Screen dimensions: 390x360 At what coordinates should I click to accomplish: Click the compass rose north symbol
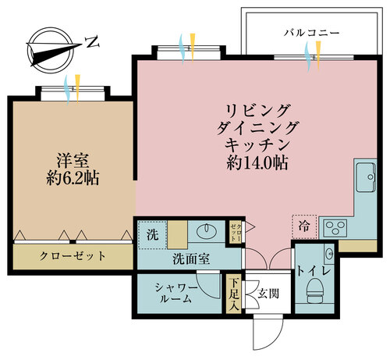[51, 50]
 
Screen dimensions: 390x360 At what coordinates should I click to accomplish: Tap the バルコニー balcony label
[312, 33]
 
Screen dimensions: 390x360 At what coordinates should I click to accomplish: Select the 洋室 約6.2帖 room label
[73, 169]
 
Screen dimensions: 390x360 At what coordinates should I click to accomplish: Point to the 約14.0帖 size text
[257, 163]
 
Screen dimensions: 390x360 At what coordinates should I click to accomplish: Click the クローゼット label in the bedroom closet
[73, 256]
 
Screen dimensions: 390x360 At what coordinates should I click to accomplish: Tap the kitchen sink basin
[366, 177]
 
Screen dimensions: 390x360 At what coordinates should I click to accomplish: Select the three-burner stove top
[335, 228]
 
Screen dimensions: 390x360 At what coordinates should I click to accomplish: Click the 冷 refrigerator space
[304, 226]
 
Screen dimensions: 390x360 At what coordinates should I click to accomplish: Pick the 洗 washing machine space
[152, 234]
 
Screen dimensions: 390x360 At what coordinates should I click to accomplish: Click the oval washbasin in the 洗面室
[207, 230]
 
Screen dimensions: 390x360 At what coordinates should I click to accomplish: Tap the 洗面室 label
[191, 258]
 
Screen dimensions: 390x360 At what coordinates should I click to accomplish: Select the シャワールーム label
[176, 294]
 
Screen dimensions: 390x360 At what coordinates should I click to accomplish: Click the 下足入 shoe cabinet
[234, 294]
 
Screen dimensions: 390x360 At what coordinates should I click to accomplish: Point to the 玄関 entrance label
[268, 294]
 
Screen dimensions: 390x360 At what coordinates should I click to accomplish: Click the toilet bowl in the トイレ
[315, 290]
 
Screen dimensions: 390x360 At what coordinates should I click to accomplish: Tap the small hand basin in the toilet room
[329, 252]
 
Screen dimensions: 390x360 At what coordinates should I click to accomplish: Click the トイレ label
[314, 271]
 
